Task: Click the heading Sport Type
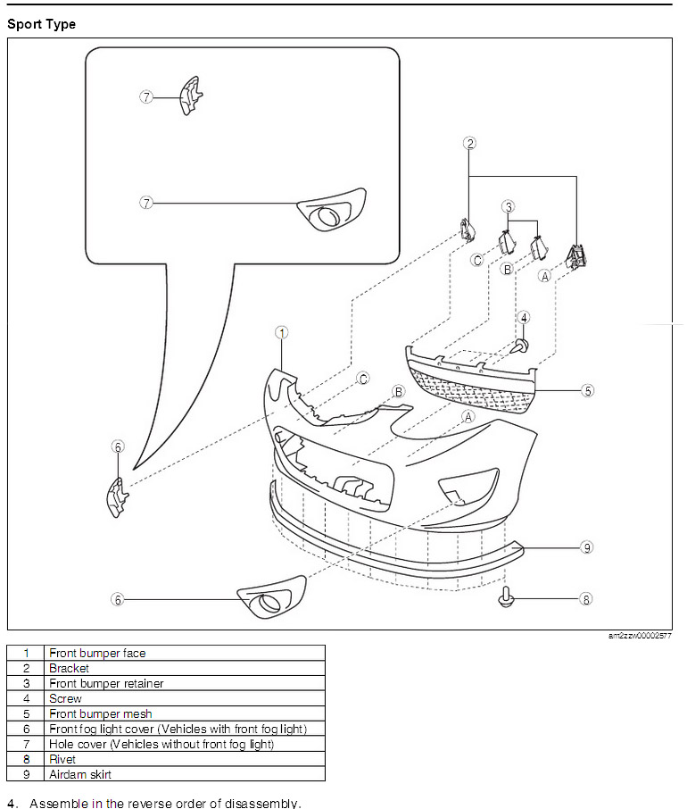41,24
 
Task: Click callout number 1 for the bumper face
281,333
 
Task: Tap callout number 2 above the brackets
470,143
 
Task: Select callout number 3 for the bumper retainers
509,207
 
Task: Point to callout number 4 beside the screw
525,317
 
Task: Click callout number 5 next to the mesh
587,390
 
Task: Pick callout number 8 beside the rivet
586,599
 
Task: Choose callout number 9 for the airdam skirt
587,547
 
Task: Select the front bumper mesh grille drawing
472,379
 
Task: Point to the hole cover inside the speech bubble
331,212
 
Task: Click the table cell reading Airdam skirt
80,774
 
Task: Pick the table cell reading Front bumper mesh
100,713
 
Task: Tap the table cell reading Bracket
69,668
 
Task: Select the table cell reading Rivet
62,759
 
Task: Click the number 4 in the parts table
27,698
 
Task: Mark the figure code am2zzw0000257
640,636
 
